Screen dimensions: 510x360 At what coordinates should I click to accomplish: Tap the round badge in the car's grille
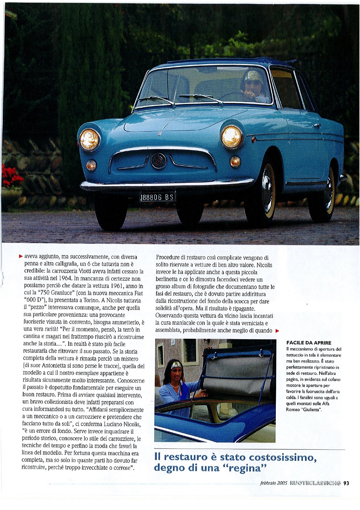pyautogui.click(x=159, y=161)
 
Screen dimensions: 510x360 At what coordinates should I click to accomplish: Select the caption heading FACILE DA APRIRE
pyautogui.click(x=308, y=343)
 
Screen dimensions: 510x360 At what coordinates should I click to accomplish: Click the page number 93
pyautogui.click(x=346, y=483)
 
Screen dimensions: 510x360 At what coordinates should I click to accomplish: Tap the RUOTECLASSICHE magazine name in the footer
pyautogui.click(x=315, y=483)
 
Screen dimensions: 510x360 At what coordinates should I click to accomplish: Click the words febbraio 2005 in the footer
pyautogui.click(x=274, y=483)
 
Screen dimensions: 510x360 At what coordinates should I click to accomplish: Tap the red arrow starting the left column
pyautogui.click(x=21, y=256)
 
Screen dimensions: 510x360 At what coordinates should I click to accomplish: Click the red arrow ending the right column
pyautogui.click(x=277, y=331)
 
